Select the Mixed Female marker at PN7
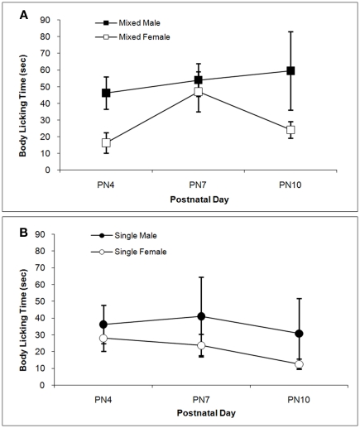(x=199, y=91)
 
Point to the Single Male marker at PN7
(x=199, y=316)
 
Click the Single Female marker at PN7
(x=199, y=345)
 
